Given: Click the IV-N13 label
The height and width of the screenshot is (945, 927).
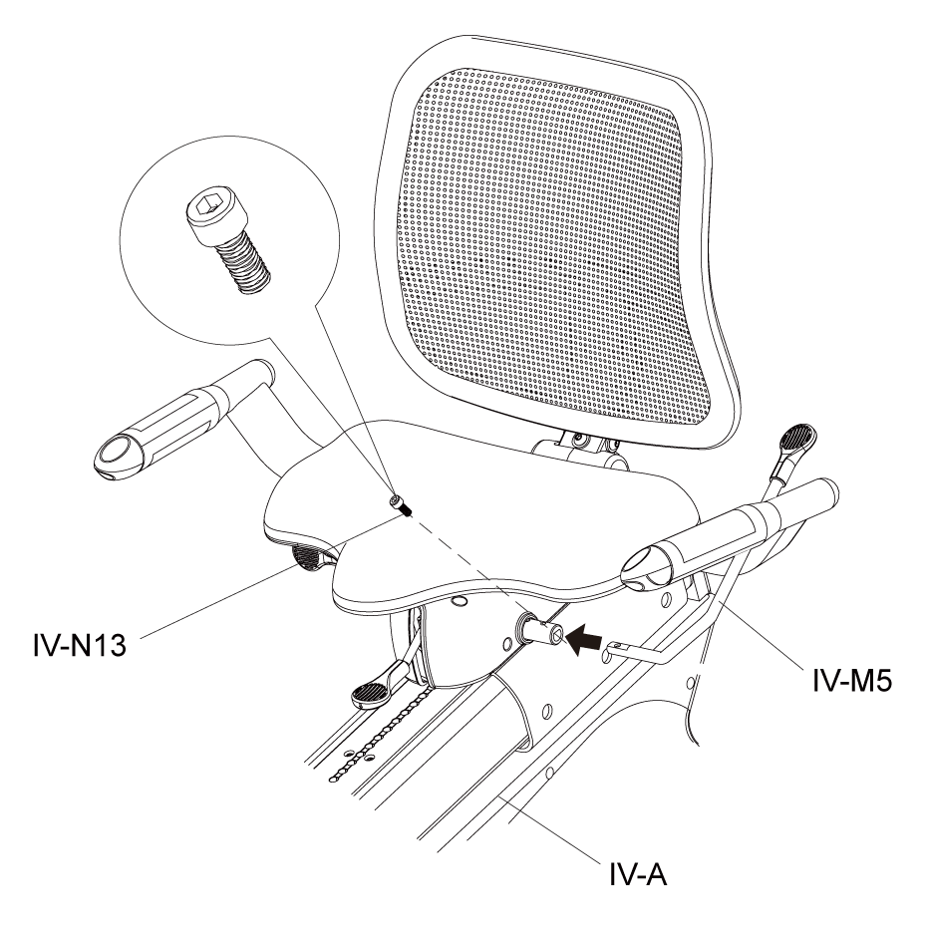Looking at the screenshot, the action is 80,646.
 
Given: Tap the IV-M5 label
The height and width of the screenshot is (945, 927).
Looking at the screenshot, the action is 851,681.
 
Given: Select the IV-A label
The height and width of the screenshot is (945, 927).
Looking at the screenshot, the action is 638,874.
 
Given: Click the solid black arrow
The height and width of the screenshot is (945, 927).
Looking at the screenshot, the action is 585,639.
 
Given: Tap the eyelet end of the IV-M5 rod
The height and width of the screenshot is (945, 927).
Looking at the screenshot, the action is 614,648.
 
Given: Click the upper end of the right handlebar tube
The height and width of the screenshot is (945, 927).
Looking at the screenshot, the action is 827,490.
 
